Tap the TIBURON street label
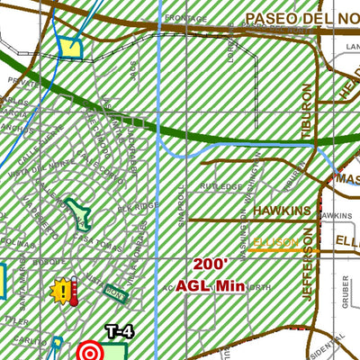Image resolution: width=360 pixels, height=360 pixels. point(308,112)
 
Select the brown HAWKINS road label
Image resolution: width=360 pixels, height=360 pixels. point(281,210)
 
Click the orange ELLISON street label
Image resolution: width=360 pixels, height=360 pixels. point(275,241)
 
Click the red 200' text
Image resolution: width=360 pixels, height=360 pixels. point(211,265)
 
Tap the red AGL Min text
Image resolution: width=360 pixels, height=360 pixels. point(213,285)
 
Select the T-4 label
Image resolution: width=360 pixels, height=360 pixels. point(119,332)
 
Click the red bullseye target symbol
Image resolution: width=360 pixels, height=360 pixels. point(90,350)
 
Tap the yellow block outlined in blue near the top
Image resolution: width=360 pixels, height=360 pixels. point(68,49)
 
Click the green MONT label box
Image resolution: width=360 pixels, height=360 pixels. point(114,292)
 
